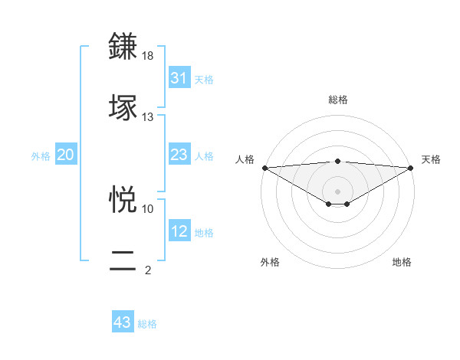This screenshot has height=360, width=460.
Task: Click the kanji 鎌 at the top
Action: [123, 47]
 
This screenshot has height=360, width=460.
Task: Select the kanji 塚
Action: [123, 107]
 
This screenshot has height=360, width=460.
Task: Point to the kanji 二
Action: [123, 259]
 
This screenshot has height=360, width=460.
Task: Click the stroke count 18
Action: [148, 56]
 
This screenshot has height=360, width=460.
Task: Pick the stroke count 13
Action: [148, 116]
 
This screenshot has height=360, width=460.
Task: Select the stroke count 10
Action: [148, 208]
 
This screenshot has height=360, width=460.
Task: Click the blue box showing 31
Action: [179, 78]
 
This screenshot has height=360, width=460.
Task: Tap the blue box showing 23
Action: [179, 155]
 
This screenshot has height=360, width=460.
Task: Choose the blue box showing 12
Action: [179, 231]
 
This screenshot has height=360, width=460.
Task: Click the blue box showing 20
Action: [65, 155]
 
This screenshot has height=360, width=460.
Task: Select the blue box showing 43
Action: [123, 322]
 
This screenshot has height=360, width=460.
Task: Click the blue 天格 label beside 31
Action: [204, 79]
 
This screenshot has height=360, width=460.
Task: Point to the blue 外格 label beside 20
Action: [41, 156]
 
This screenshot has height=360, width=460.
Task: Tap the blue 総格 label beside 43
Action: [147, 323]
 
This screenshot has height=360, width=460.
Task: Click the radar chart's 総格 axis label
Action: [337, 100]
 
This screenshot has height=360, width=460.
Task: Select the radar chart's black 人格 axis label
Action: [245, 159]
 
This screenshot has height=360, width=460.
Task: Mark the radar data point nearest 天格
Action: [411, 167]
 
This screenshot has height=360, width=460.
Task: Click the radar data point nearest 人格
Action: [264, 167]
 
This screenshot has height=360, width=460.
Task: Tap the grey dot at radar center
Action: [337, 190]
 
